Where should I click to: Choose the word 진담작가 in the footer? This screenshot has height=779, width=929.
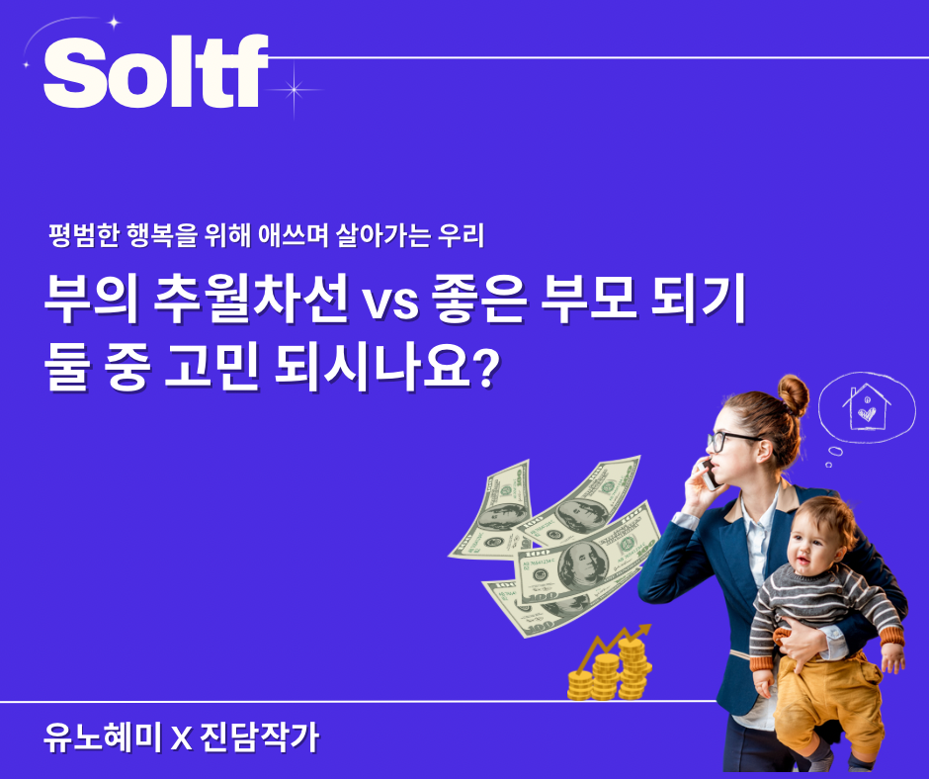(261, 738)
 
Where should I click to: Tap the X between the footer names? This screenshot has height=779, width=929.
(180, 739)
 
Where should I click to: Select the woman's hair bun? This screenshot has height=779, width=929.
(792, 394)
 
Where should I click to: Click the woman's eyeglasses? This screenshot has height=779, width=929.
(732, 440)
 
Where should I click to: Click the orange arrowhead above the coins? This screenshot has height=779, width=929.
(644, 629)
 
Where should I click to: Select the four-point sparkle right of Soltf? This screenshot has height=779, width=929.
(294, 87)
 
